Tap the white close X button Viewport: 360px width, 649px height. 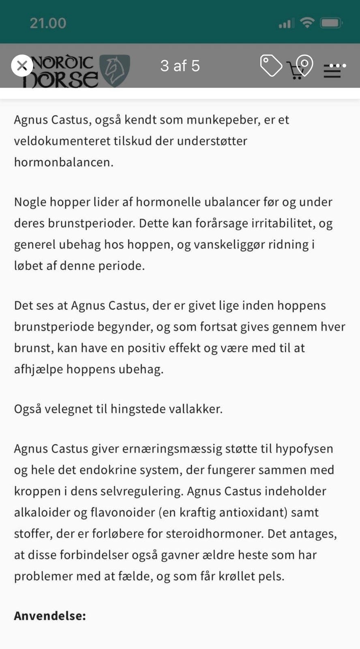coord(22,66)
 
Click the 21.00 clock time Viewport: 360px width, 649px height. coord(48,23)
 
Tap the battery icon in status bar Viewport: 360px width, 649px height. coord(332,23)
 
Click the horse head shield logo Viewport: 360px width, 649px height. coord(115,70)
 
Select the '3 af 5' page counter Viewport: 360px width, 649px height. coord(180,66)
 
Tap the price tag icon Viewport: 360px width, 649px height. coord(271,66)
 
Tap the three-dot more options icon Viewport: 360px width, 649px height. coord(337,65)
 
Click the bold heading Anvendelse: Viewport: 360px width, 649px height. coord(50,616)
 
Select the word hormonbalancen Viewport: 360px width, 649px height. coord(64,162)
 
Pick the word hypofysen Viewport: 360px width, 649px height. coord(304,449)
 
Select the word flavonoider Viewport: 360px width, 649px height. coord(123,512)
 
